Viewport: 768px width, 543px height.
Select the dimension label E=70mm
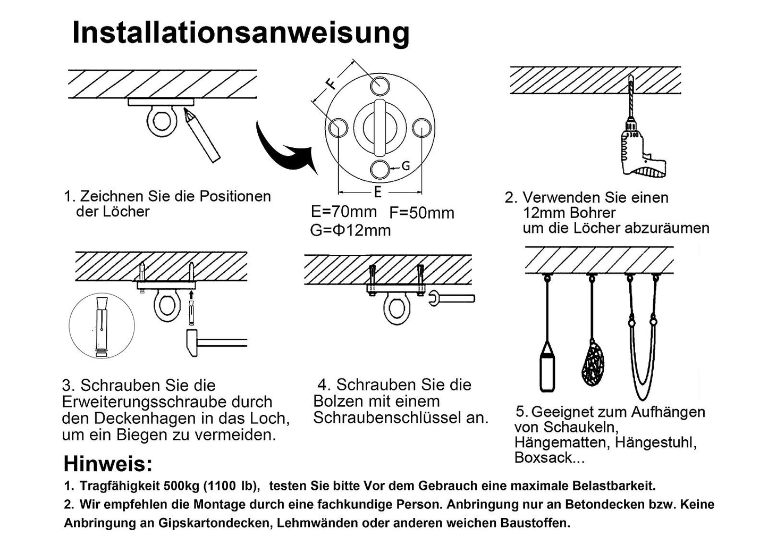click(343, 212)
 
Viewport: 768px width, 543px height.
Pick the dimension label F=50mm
click(421, 213)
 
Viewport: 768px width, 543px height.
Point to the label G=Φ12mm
click(350, 230)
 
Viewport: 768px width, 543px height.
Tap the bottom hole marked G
click(380, 169)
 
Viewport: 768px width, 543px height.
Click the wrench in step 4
click(452, 298)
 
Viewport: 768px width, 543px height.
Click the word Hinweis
click(108, 464)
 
